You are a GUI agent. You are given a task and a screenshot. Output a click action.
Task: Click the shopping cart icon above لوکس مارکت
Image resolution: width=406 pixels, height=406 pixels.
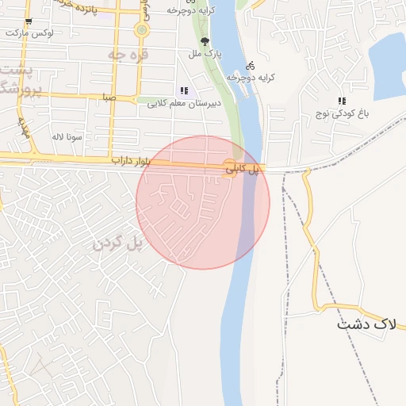[x=29, y=22]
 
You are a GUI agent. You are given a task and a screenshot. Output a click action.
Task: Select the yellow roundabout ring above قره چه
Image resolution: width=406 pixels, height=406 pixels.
[x=141, y=31]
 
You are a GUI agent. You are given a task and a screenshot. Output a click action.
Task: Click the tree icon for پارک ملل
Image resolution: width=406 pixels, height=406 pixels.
[x=205, y=41]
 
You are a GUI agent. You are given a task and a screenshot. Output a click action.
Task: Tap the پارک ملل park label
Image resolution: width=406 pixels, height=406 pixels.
[x=211, y=54]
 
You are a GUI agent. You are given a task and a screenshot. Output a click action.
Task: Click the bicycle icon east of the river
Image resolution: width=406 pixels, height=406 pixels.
[x=251, y=66]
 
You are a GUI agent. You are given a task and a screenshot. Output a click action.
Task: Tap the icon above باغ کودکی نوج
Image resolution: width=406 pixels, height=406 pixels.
[x=342, y=101]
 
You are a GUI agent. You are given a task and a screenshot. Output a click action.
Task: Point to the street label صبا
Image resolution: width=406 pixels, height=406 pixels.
[x=109, y=97]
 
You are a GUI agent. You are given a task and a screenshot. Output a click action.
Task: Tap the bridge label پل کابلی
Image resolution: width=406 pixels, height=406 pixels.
[x=243, y=169]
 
